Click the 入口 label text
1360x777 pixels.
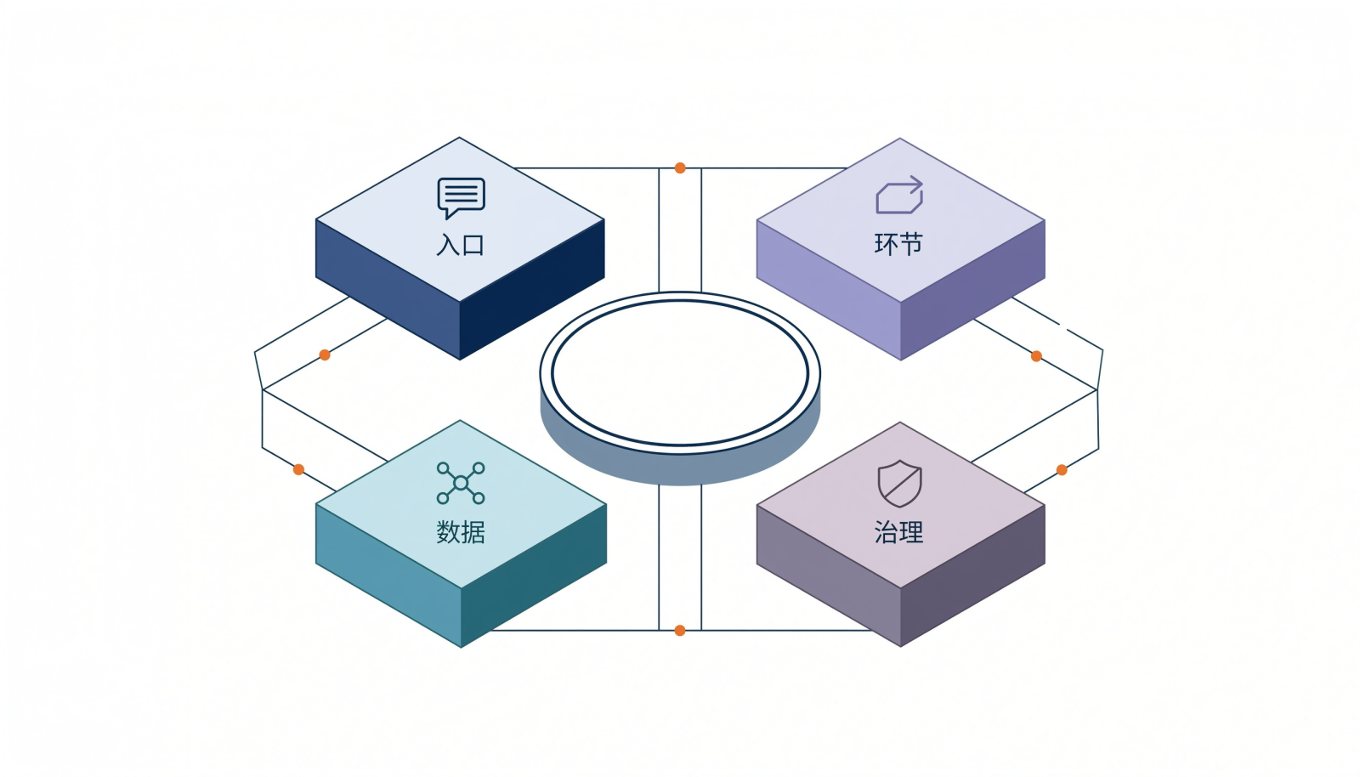coord(460,245)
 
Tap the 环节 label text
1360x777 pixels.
coord(898,244)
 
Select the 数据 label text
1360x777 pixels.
coord(460,532)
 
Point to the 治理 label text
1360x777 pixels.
coord(898,532)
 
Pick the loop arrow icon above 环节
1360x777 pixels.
coord(899,195)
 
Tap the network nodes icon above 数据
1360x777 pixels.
coord(461,483)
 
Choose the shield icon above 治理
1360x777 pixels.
coord(900,483)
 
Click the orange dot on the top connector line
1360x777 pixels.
coord(680,168)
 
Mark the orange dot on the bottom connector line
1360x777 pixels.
coord(680,630)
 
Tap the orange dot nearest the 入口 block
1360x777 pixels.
coord(325,355)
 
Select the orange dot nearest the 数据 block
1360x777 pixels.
coord(298,469)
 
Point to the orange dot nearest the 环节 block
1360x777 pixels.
coord(1036,356)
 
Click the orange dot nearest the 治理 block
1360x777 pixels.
coord(1062,470)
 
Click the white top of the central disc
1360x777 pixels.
coord(680,372)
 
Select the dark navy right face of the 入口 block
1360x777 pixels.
coord(532,290)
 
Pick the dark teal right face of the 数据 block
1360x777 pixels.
coord(534,576)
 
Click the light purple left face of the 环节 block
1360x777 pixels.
coord(828,290)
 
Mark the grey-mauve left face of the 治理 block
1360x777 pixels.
coord(828,576)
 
